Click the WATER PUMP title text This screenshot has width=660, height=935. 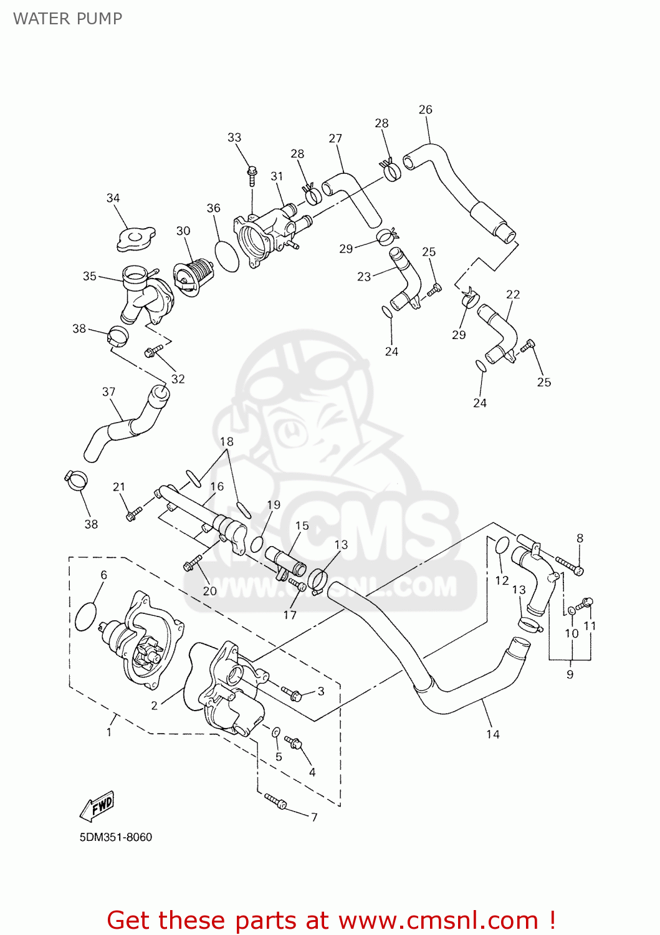tap(67, 19)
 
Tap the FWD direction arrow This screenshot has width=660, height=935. tap(97, 807)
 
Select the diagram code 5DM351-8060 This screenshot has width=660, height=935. tap(116, 837)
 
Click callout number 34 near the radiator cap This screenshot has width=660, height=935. tap(113, 198)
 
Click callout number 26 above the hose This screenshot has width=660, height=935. tap(425, 109)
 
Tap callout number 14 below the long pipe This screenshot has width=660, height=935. tap(493, 734)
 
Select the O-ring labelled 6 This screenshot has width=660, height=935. tap(85, 616)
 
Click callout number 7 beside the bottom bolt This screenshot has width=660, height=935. tap(314, 817)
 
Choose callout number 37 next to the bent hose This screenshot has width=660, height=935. tap(108, 391)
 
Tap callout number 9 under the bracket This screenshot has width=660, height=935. tap(570, 674)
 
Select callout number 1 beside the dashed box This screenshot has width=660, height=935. tap(109, 732)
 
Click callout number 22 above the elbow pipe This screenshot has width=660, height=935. tap(513, 294)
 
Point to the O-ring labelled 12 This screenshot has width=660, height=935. tap(502, 547)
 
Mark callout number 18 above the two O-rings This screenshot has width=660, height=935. tap(226, 441)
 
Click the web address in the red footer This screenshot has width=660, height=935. tap(438, 921)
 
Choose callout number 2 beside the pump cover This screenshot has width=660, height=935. tap(155, 706)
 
